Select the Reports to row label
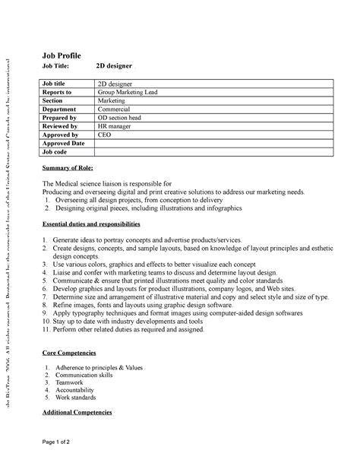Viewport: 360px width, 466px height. [58, 92]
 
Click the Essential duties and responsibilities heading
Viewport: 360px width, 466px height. [91, 225]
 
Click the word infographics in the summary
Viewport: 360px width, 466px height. [216, 208]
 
